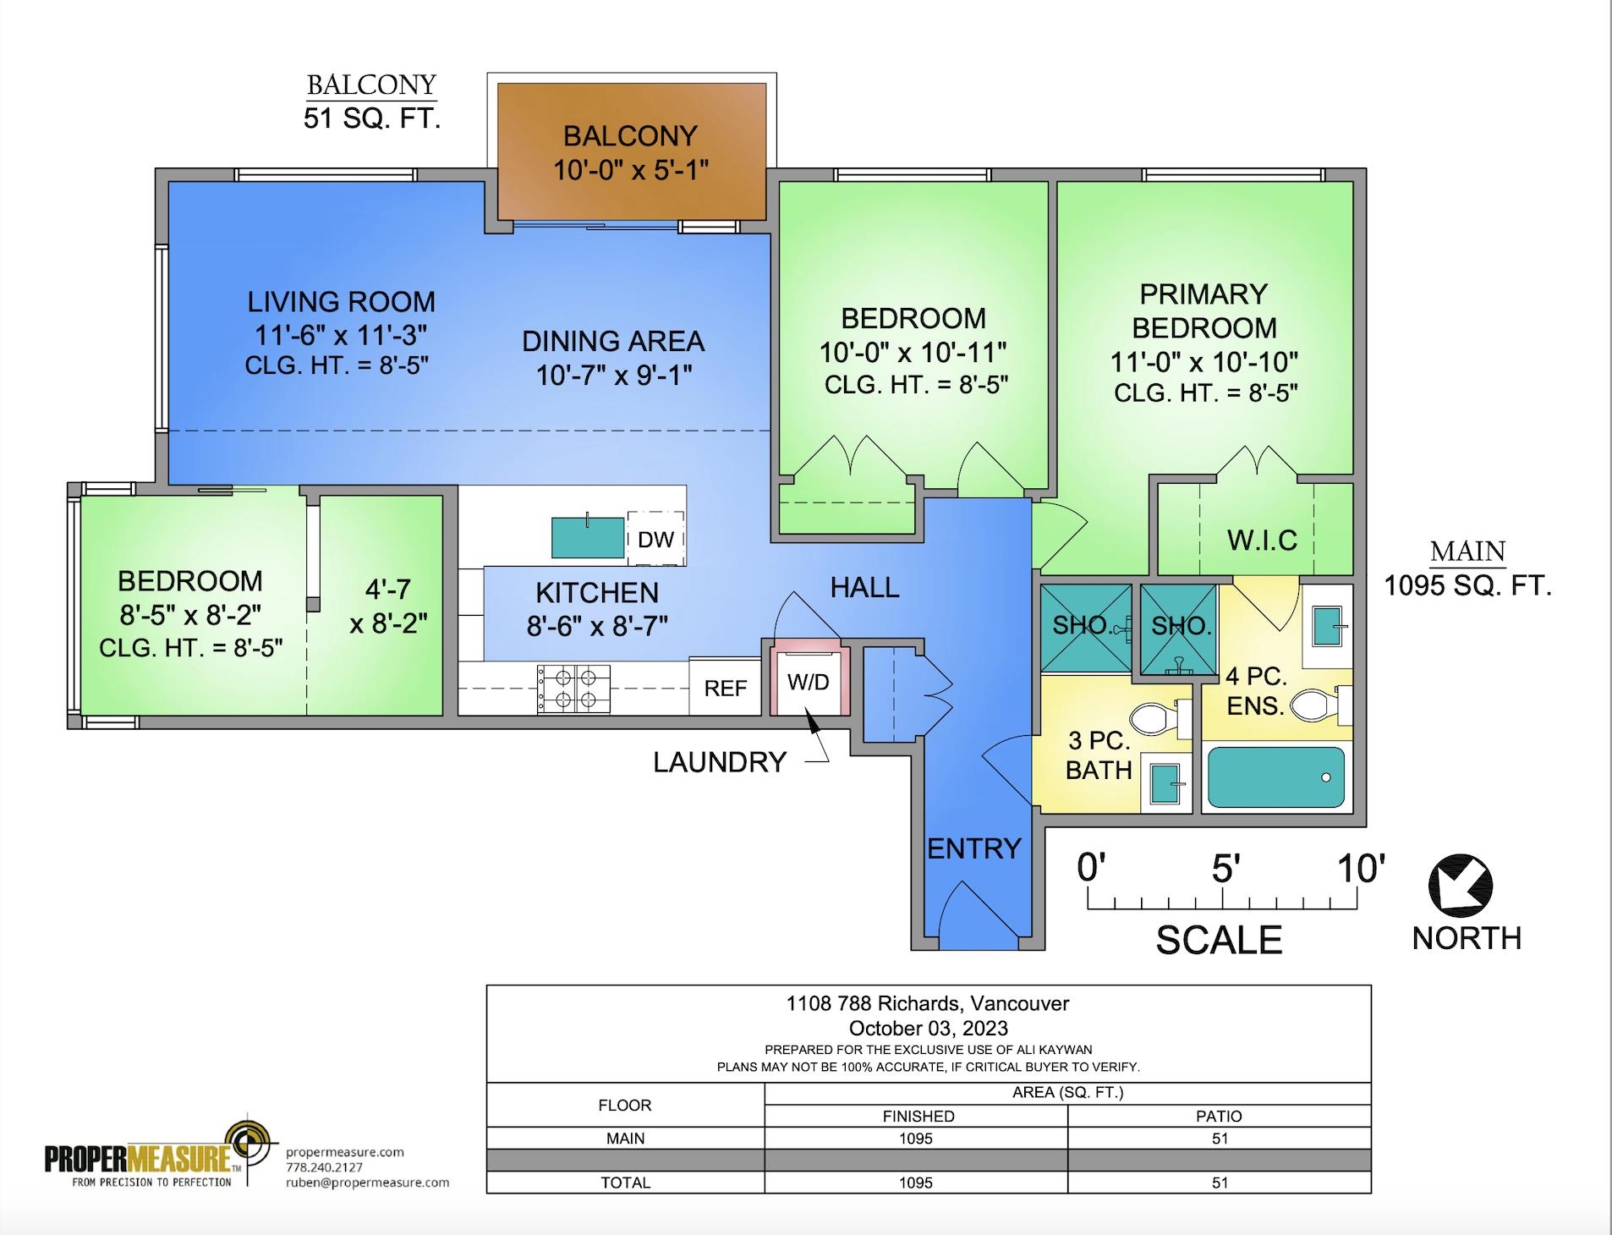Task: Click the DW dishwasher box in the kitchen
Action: (655, 538)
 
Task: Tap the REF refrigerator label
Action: (726, 689)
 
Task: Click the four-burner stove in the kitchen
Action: (574, 689)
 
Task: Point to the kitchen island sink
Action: (588, 537)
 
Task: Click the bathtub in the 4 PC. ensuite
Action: (1276, 777)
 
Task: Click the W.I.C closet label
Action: (1262, 541)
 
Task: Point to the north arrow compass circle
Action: (1461, 886)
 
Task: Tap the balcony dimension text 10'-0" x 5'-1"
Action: (631, 170)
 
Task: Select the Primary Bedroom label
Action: (1204, 310)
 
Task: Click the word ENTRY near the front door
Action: (974, 848)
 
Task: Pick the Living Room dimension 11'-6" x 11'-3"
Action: (341, 335)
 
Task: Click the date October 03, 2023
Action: (929, 1028)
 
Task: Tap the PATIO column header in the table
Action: (1220, 1116)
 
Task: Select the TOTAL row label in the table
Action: (626, 1183)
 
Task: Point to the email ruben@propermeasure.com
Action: (368, 1183)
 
